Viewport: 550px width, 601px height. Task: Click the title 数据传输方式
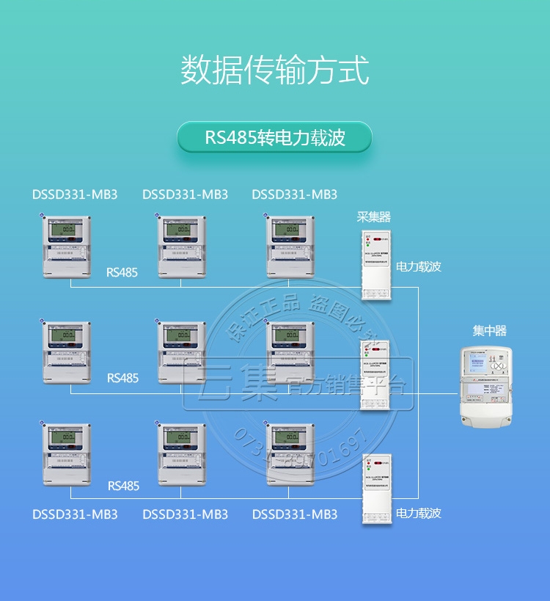coord(275,69)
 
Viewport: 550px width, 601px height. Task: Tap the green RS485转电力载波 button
coord(275,137)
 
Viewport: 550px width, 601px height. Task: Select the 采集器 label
coord(373,217)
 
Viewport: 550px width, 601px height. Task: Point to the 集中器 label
coord(489,331)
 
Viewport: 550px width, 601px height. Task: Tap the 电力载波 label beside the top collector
coord(419,267)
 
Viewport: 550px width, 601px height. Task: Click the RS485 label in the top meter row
coord(122,272)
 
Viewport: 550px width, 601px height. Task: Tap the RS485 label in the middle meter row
coord(122,379)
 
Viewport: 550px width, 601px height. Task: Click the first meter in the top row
coord(66,246)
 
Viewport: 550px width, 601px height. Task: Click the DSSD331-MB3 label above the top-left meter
coord(75,195)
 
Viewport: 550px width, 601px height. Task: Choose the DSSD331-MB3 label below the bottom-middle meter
coord(185,514)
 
